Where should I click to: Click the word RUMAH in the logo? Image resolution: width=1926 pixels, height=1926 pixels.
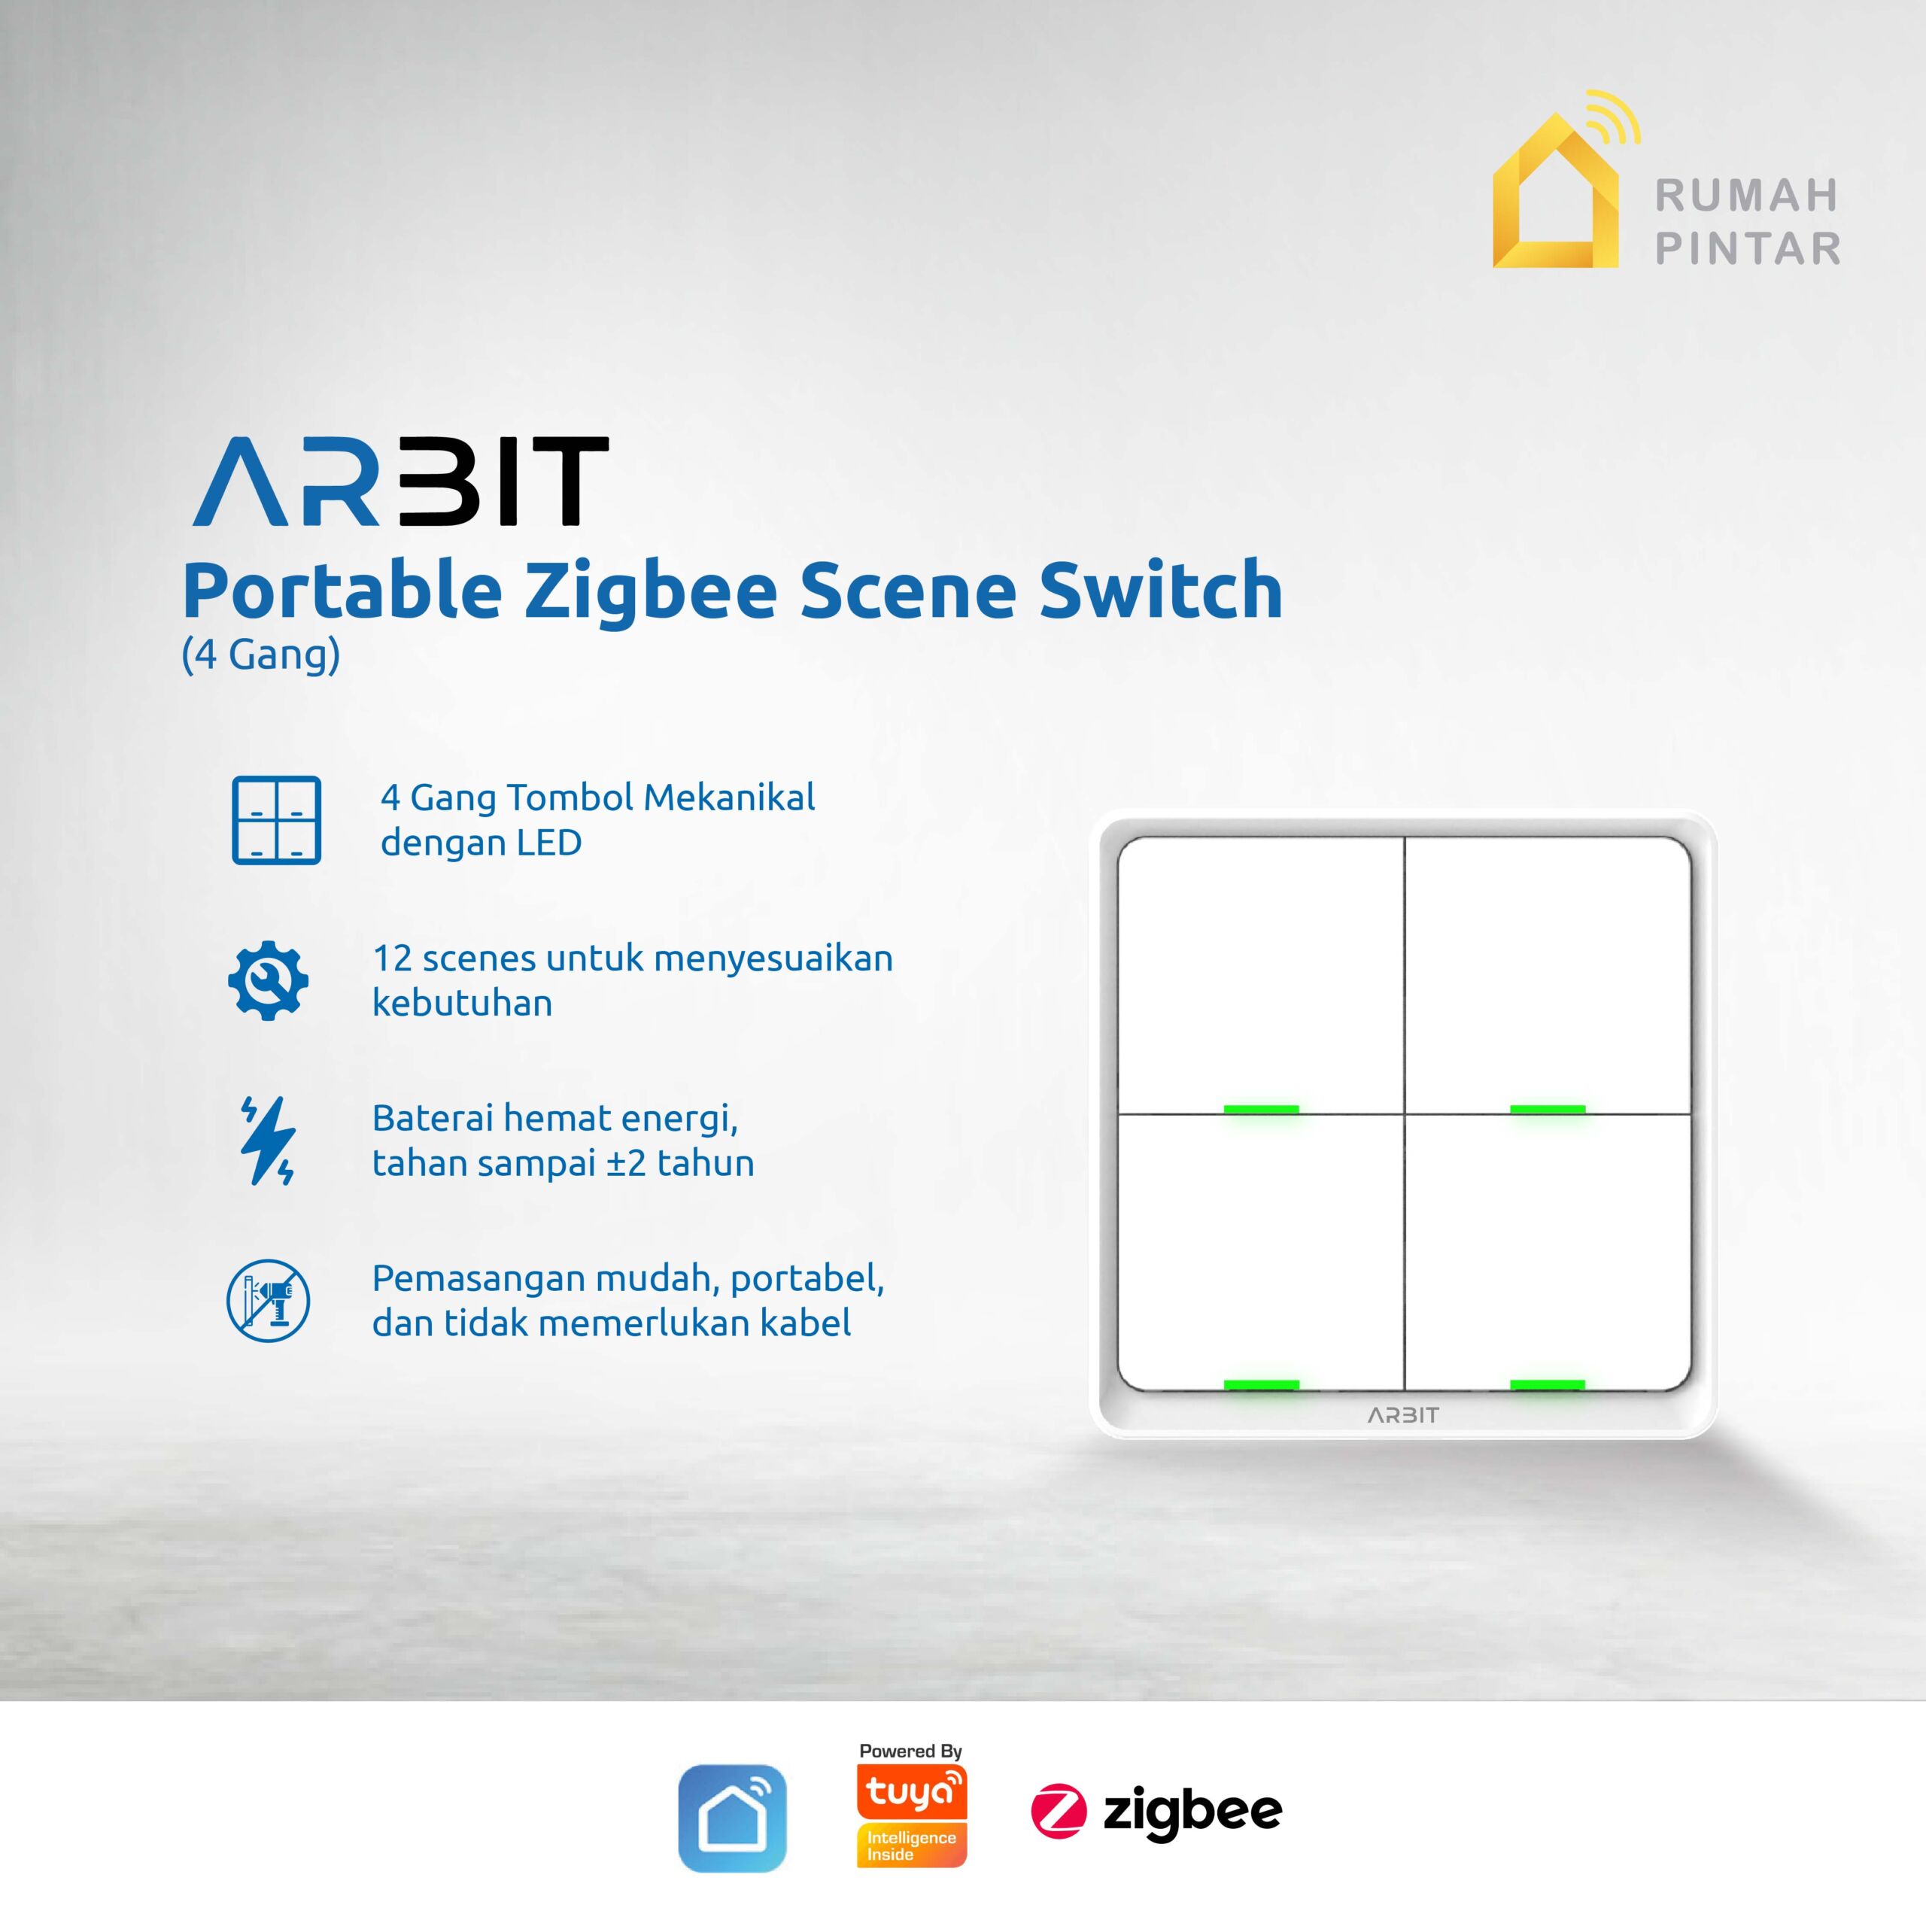pyautogui.click(x=1746, y=196)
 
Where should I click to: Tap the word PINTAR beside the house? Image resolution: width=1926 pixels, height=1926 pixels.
pyautogui.click(x=1748, y=248)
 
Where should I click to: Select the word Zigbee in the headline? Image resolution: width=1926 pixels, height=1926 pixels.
pyautogui.click(x=650, y=591)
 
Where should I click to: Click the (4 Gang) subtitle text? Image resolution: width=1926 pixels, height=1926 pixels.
pyautogui.click(x=260, y=656)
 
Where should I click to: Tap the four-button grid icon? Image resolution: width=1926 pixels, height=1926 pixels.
pyautogui.click(x=276, y=819)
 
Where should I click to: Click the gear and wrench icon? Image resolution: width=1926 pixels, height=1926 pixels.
pyautogui.click(x=268, y=980)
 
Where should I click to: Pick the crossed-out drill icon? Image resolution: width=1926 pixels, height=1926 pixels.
pyautogui.click(x=268, y=1301)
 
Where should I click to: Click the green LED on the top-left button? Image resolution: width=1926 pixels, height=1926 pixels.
pyautogui.click(x=1261, y=1108)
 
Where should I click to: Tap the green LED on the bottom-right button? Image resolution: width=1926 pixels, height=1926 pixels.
pyautogui.click(x=1547, y=1384)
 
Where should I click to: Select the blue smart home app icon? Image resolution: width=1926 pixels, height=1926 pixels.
pyautogui.click(x=732, y=1818)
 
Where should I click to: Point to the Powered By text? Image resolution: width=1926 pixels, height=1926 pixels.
pyautogui.click(x=910, y=1751)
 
